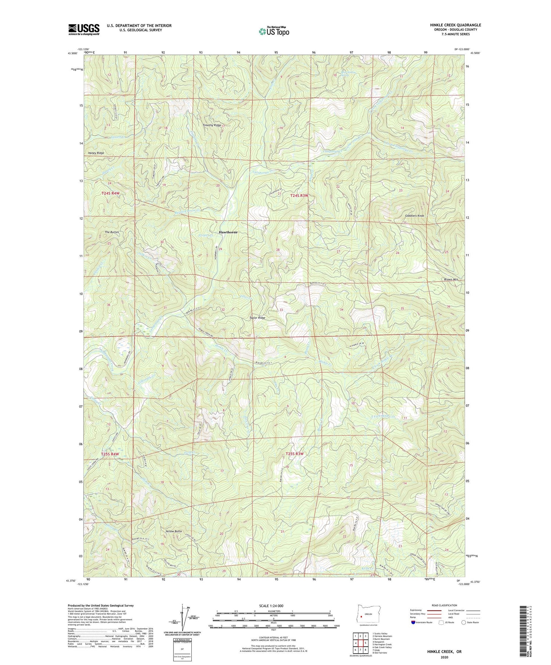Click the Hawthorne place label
(x=228, y=232)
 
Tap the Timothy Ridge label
(x=212, y=125)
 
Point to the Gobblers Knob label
(x=414, y=216)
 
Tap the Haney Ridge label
(x=96, y=153)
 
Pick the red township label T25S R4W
(x=110, y=454)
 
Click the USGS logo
(x=84, y=29)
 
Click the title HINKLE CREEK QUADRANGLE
(x=455, y=25)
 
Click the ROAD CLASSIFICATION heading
(x=444, y=605)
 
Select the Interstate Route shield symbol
(x=413, y=622)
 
